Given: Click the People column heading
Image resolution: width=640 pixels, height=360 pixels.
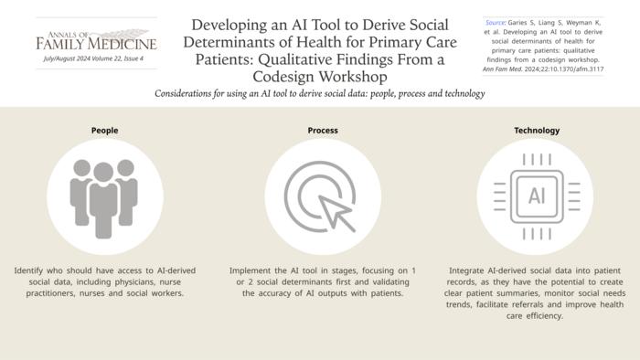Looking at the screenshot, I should (104, 131).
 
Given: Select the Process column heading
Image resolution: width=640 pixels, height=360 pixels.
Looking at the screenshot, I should (323, 131).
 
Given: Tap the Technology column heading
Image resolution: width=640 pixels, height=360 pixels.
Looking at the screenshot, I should (536, 131).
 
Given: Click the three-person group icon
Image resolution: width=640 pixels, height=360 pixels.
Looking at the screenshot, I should (104, 196).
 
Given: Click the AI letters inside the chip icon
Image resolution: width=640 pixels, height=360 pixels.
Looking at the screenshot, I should (536, 196).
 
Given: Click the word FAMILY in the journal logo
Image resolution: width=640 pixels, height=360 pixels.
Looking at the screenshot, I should (63, 43).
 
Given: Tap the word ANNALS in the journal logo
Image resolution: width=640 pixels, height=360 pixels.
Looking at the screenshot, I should (54, 31).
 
